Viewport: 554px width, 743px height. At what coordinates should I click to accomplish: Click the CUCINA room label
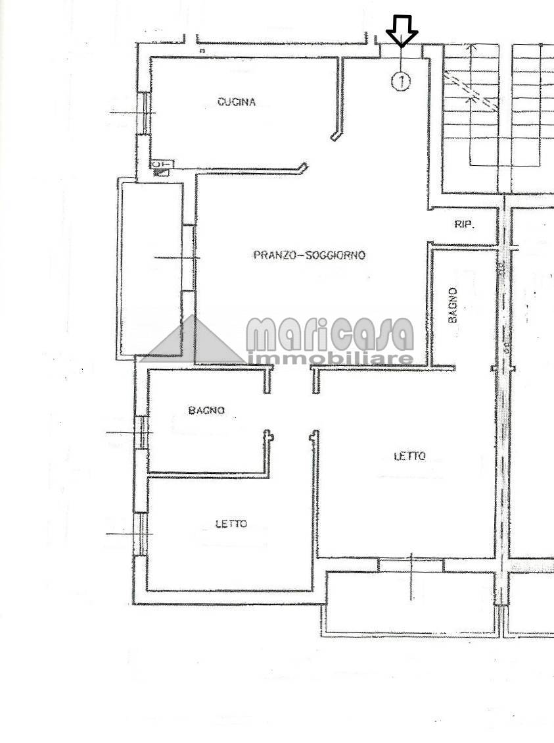[237, 102]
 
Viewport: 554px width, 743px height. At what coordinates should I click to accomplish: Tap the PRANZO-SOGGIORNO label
[310, 255]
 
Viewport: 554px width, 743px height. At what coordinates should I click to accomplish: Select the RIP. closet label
[465, 224]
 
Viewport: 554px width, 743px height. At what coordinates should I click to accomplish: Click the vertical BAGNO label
[453, 305]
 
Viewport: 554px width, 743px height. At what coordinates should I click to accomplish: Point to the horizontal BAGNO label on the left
[206, 410]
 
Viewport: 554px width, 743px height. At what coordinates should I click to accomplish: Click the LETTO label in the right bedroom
[409, 456]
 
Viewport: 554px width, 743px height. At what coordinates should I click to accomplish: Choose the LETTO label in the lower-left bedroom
[231, 524]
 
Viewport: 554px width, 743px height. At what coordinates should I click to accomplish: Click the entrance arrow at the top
[402, 32]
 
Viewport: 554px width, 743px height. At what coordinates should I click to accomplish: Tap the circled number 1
[401, 81]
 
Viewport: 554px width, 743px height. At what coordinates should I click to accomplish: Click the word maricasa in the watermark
[330, 334]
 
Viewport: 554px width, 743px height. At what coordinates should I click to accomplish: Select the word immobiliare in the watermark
[330, 359]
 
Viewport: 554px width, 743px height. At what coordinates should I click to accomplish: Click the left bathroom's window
[141, 432]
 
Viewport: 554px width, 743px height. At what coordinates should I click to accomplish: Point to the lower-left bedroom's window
[141, 534]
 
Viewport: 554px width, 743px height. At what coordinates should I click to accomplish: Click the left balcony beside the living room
[151, 269]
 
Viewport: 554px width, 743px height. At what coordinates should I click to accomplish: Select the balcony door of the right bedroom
[411, 565]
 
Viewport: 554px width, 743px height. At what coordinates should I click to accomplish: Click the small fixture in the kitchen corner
[162, 167]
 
